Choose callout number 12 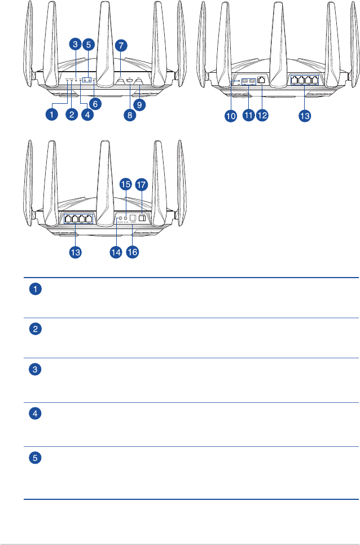[x=262, y=115]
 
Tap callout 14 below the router [x=116, y=253]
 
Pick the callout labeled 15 [x=126, y=184]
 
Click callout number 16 [x=133, y=253]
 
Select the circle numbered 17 [x=141, y=184]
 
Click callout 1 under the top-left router [x=51, y=115]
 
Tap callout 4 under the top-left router [x=86, y=115]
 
